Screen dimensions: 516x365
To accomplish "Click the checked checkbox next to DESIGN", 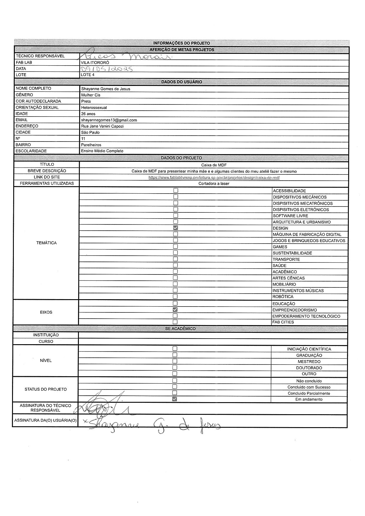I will [x=176, y=228].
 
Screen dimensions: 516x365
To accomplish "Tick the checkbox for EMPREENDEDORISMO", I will [x=175, y=309].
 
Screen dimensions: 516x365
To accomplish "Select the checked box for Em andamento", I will [x=175, y=399].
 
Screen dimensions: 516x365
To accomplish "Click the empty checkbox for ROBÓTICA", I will [x=175, y=297].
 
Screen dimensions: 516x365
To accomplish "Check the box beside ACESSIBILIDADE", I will [x=176, y=191].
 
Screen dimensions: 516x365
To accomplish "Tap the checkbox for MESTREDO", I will [x=175, y=361].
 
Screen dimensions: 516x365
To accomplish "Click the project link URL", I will [x=214, y=177].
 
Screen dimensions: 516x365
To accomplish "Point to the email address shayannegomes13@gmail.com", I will [x=109, y=120].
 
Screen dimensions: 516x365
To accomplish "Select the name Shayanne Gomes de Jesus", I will [x=106, y=89].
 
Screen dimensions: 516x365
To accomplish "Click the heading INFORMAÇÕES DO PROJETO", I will [x=182, y=43].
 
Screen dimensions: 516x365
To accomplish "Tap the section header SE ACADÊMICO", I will [x=180, y=329].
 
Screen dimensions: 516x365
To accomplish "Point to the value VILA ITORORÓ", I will [x=95, y=63].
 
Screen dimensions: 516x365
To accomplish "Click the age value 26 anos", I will [x=88, y=114].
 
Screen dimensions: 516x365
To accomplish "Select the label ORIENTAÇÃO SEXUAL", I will [x=37, y=107].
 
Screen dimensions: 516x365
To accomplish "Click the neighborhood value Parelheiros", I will [x=91, y=145].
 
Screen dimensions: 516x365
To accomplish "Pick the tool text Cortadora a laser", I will [x=214, y=184].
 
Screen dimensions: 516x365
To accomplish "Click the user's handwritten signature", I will [x=153, y=424].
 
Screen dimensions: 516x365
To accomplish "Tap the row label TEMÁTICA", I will [x=47, y=243].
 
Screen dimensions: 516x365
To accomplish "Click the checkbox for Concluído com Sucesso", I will [x=175, y=387].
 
